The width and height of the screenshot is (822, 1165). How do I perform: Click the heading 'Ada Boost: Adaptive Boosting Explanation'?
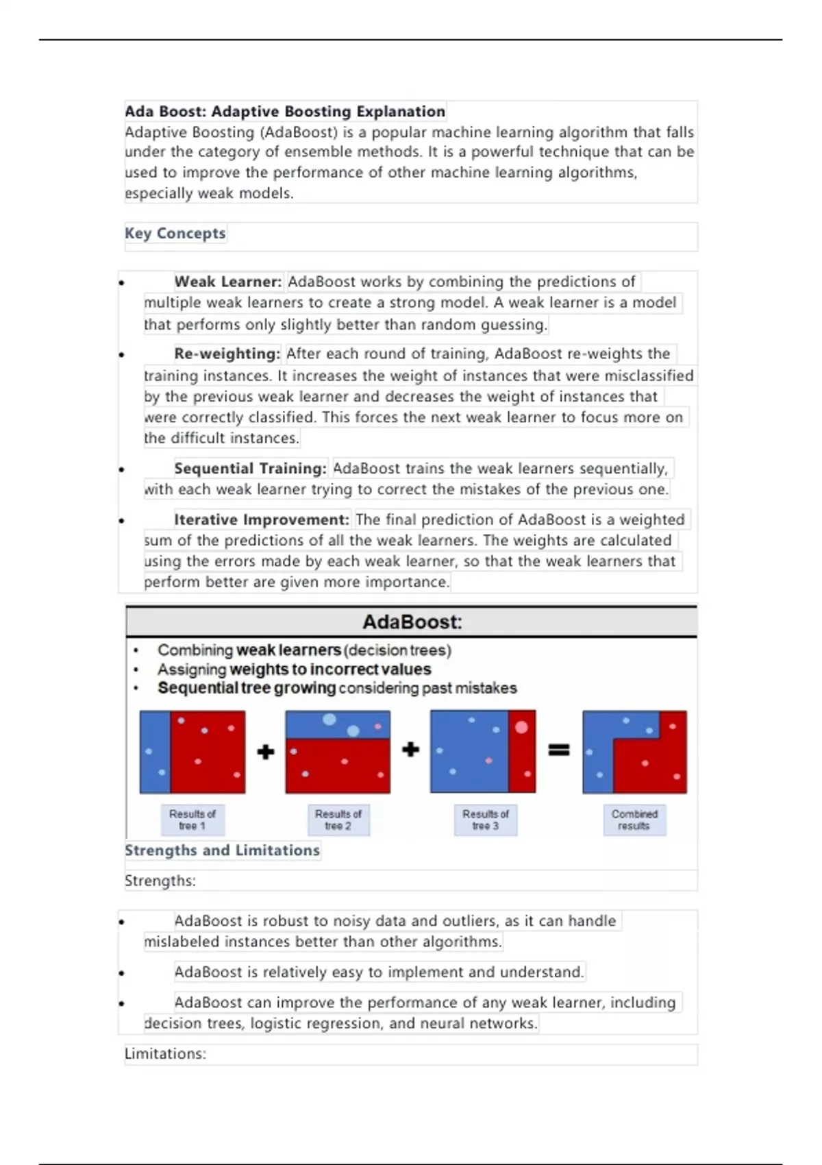point(285,111)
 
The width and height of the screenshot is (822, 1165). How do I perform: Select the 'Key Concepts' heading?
point(175,233)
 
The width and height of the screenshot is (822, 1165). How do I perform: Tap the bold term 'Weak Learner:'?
point(228,282)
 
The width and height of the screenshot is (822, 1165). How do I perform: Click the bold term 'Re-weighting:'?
point(227,354)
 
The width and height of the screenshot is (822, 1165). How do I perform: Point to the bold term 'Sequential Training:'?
point(251,469)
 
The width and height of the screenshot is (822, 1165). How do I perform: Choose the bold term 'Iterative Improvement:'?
point(262,519)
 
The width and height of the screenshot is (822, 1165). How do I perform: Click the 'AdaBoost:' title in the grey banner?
point(412,622)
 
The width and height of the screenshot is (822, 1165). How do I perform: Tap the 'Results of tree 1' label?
point(192,820)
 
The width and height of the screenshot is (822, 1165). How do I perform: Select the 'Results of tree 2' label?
point(338,820)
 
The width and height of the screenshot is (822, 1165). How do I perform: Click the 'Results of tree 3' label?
point(486,820)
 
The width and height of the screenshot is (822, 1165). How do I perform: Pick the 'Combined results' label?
point(634,820)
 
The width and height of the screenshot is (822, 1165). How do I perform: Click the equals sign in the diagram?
point(559,750)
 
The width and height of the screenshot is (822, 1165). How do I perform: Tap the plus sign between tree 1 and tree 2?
point(266,752)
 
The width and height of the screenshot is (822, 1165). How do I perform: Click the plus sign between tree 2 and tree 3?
point(411,750)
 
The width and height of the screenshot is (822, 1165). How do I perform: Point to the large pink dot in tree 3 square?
point(521,727)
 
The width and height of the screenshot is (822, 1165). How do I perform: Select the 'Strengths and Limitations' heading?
point(222,850)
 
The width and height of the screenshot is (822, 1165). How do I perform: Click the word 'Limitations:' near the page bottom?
point(165,1054)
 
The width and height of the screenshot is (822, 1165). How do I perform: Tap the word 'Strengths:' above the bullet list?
point(160,881)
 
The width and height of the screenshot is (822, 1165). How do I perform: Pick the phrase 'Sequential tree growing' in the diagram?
point(247,688)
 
